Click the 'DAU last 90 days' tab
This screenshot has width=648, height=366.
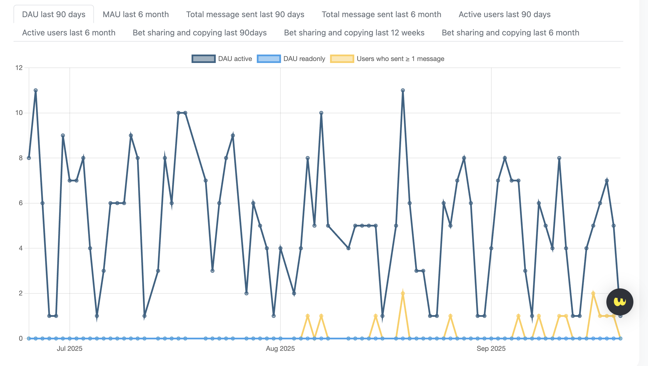[53, 14]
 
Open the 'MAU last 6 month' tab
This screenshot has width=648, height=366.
[136, 14]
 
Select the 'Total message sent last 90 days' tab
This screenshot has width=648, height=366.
[245, 14]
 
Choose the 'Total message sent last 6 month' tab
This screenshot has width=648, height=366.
[381, 14]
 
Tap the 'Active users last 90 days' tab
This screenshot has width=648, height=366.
[505, 14]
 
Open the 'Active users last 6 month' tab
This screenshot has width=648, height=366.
[69, 33]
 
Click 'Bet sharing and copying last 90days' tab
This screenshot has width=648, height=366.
[200, 33]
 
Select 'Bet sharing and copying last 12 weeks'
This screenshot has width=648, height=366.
[354, 33]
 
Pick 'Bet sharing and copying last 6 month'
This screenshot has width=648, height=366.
[510, 33]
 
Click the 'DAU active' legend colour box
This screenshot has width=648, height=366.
[204, 59]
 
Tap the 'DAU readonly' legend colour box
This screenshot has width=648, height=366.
[269, 59]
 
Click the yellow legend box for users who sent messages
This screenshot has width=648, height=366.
[342, 59]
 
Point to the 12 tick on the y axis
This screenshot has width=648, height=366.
[19, 68]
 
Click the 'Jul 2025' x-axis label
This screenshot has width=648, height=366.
[69, 349]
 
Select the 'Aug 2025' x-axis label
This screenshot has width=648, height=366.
[280, 349]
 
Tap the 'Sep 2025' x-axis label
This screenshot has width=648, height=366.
[491, 349]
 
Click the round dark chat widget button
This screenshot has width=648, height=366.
[620, 302]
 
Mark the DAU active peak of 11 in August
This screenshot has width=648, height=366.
[403, 91]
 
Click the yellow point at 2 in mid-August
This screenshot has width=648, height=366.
[403, 293]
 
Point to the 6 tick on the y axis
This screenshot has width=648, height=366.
[21, 203]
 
